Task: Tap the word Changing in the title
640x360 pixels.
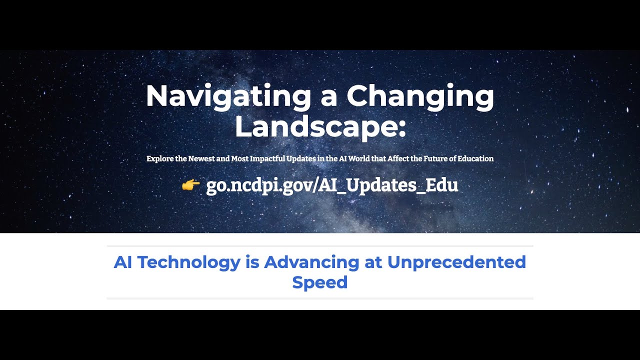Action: click(x=420, y=96)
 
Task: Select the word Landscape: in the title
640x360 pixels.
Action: click(x=320, y=126)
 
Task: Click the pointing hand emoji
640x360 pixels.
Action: click(x=190, y=185)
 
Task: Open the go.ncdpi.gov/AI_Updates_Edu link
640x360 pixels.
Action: click(x=332, y=185)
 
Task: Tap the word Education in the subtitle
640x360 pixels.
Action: click(x=475, y=158)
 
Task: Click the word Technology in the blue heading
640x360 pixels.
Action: click(x=189, y=262)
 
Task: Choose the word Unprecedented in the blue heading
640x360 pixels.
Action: click(x=456, y=262)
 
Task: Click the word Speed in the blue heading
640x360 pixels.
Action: click(x=319, y=282)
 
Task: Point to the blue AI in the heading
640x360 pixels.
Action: click(x=123, y=262)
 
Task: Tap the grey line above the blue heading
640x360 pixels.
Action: click(x=320, y=246)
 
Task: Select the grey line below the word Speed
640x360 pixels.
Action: click(x=320, y=298)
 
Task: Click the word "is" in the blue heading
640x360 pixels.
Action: click(x=252, y=262)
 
